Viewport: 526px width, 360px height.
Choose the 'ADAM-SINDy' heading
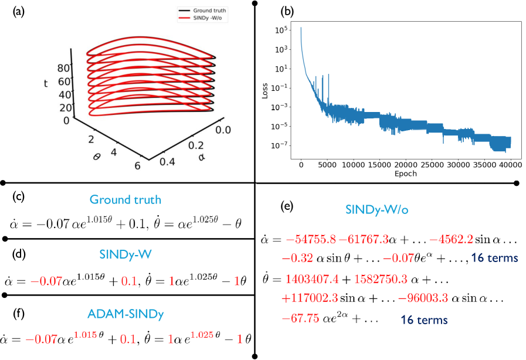(125, 314)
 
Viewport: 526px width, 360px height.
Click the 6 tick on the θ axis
(137, 165)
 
